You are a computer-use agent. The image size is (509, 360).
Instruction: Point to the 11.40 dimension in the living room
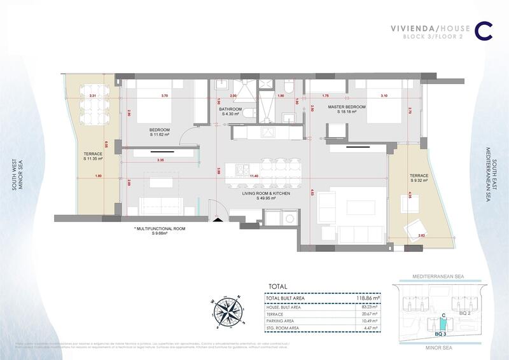[254, 176]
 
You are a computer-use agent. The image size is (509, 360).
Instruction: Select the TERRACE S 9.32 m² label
[418, 177]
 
